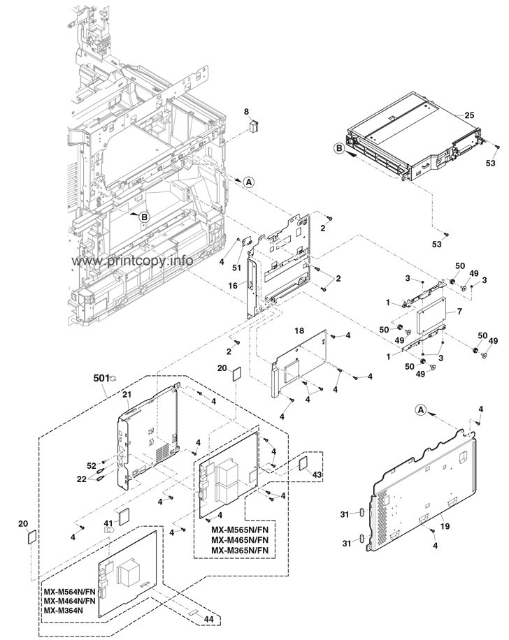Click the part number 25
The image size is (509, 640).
(x=469, y=115)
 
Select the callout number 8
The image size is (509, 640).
(x=246, y=111)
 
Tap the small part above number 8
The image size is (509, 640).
(x=254, y=125)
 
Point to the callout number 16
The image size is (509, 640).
(x=233, y=286)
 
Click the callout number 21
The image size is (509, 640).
(x=127, y=395)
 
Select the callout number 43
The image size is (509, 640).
(x=317, y=474)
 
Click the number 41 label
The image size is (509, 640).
(x=108, y=523)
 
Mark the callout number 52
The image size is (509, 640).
(x=92, y=465)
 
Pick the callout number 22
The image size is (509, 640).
(x=81, y=479)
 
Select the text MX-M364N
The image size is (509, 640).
(x=62, y=611)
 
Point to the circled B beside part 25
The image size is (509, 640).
(x=338, y=148)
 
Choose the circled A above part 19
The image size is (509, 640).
(x=420, y=408)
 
